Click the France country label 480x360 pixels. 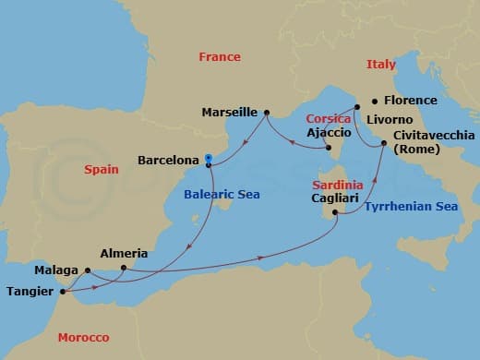click(220, 57)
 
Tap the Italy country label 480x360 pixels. click(380, 65)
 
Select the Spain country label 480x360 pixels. click(102, 170)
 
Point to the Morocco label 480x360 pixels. click(82, 337)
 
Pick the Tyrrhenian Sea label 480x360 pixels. click(411, 208)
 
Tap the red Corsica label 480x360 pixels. click(329, 119)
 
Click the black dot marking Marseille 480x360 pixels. click(266, 114)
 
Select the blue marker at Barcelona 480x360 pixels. click(210, 159)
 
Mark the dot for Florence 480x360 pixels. click(374, 101)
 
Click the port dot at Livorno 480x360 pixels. click(356, 108)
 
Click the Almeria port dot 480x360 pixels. click(124, 269)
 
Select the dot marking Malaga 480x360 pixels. click(87, 270)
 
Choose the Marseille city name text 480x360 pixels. click(229, 113)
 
